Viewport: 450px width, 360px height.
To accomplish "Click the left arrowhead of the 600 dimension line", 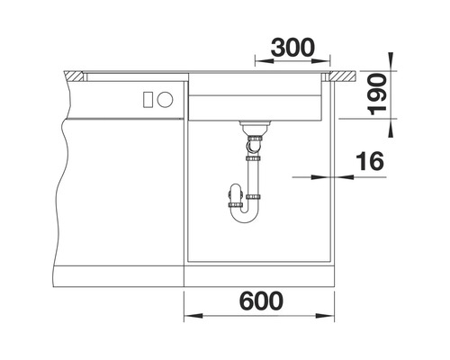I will pyautogui.click(x=190, y=317).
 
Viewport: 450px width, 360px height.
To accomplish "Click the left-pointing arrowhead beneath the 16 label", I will pyautogui.click(x=343, y=177).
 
